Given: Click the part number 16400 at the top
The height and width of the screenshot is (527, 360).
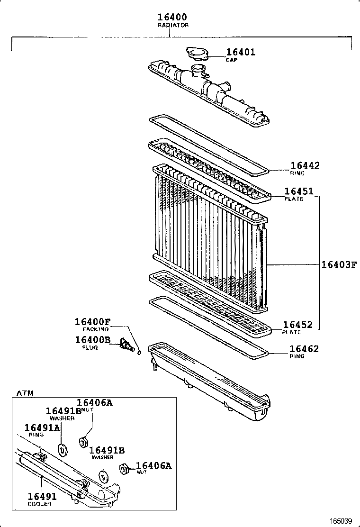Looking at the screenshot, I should coord(172,18).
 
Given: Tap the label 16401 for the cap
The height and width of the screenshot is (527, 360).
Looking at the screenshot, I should coord(240,52).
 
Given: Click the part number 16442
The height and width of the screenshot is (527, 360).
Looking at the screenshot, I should coord(305,165).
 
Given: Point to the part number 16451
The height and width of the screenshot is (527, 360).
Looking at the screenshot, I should coord(298,191).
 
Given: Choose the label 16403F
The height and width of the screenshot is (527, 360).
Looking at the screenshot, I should coord(338,264).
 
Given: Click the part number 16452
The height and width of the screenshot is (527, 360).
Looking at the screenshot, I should coord(297,325).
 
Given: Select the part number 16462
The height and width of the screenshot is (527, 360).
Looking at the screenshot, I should coord(304,349).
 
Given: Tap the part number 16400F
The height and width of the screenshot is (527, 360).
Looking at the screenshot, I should coord(92,321).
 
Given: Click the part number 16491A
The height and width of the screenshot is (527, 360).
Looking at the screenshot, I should coord(42,427).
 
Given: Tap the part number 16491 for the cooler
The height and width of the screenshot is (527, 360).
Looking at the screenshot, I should coord(42,497).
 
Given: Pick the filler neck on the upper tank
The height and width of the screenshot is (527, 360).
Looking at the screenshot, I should coord(197,73).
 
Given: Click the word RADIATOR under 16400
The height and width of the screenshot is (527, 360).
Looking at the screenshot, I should coord(172,25).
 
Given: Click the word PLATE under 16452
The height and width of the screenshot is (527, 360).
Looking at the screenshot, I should coord(292,332).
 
